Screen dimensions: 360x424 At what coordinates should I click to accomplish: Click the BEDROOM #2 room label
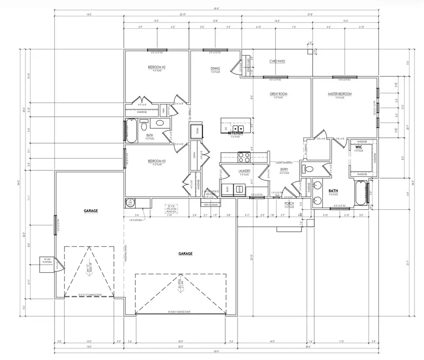156,67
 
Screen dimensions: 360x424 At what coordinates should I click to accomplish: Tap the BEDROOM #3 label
156,161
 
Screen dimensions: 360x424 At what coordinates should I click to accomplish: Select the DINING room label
215,69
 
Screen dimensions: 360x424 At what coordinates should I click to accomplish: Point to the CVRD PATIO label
277,62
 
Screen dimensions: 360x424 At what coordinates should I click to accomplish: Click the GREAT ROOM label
278,94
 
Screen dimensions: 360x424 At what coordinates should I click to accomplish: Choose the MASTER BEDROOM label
340,94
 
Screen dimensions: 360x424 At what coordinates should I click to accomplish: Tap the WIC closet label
359,147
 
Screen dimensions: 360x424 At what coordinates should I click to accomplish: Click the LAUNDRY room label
245,171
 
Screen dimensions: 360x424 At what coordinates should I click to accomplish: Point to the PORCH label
289,203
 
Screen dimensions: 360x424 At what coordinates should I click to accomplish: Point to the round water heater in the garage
130,203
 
